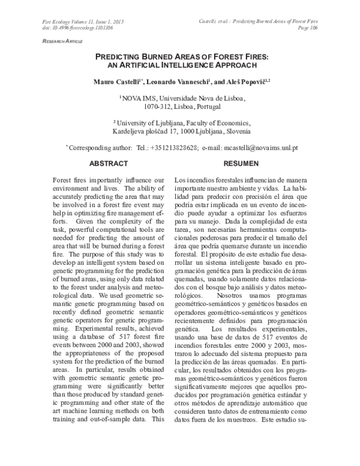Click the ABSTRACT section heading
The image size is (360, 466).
[108, 163]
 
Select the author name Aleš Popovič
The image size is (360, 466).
[242, 81]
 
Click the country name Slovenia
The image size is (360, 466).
[237, 130]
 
